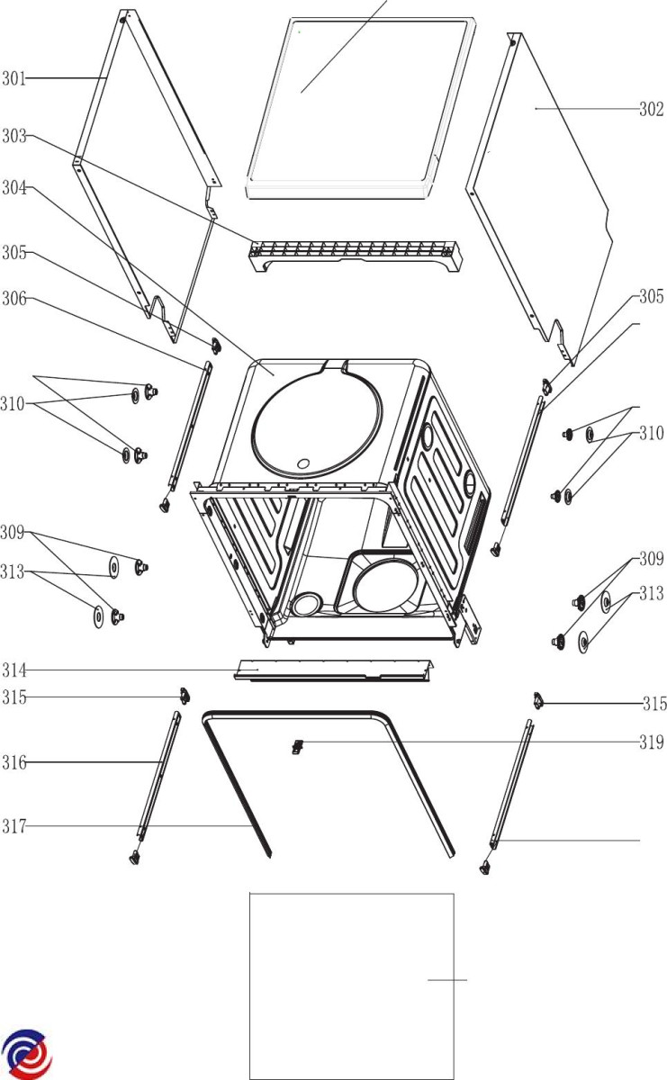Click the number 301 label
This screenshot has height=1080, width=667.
[x=13, y=78]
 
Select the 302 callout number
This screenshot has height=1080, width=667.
[x=652, y=110]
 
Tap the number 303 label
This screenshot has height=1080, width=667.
[x=13, y=137]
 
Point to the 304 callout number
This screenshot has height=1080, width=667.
[x=13, y=188]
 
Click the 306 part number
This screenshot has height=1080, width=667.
[x=13, y=299]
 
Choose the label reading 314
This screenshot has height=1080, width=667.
[x=13, y=670]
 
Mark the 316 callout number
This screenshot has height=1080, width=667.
[x=13, y=763]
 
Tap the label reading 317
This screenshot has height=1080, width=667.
[x=13, y=826]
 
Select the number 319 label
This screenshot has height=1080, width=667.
[x=652, y=742]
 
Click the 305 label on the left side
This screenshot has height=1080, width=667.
[x=13, y=254]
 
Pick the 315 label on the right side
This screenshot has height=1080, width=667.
[x=653, y=704]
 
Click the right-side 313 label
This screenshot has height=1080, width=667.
[x=652, y=594]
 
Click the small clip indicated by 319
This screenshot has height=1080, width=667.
[x=295, y=745]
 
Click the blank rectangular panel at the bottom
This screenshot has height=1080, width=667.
[x=351, y=985]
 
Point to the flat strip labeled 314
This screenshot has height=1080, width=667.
[x=333, y=669]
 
